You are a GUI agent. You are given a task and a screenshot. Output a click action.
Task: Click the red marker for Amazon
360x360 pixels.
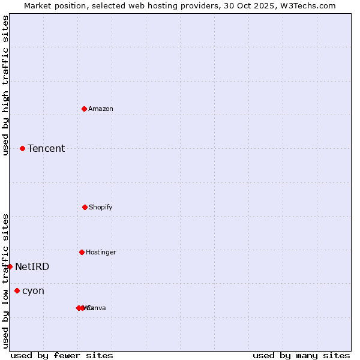click(85, 109)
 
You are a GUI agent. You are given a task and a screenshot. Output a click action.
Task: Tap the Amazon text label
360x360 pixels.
click(101, 109)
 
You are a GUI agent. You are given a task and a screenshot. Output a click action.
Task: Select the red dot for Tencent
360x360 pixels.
click(23, 148)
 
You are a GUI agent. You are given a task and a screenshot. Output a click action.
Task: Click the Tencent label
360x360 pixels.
click(46, 148)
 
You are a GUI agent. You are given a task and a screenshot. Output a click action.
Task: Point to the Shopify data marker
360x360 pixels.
click(85, 207)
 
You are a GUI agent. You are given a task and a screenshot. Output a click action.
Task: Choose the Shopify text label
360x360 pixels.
click(101, 207)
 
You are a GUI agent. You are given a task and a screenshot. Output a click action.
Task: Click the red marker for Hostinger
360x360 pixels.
click(82, 252)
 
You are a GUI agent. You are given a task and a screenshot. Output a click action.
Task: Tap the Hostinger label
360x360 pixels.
click(101, 252)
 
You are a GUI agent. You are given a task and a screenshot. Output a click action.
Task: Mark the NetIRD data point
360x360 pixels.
click(10, 266)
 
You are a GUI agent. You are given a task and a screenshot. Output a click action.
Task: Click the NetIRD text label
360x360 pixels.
click(32, 266)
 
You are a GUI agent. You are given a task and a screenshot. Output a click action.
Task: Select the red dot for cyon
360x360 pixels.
click(17, 290)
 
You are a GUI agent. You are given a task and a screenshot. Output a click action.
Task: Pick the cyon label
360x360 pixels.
click(33, 290)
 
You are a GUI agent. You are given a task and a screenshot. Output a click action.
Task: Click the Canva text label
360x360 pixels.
click(97, 308)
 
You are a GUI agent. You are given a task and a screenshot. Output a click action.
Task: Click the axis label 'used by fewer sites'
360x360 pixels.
click(62, 355)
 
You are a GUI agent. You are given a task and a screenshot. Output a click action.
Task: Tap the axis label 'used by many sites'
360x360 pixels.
click(301, 355)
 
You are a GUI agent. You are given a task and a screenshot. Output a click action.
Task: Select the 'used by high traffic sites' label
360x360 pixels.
click(5, 85)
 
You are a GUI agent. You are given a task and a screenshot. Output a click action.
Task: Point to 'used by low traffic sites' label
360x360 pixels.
click(5, 281)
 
